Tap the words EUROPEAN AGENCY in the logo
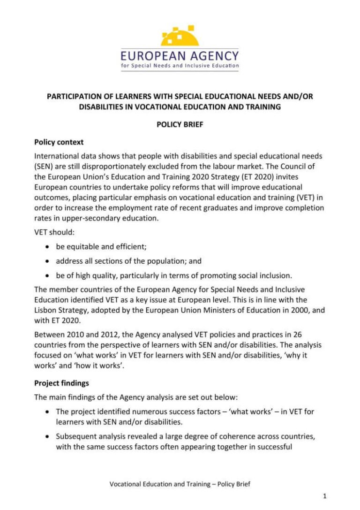(x=180, y=56)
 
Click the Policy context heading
(x=59, y=142)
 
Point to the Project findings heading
(x=61, y=383)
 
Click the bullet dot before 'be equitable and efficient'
(x=48, y=246)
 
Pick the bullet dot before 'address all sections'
(x=48, y=260)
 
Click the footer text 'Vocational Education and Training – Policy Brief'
(x=180, y=484)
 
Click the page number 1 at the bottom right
(x=325, y=495)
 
